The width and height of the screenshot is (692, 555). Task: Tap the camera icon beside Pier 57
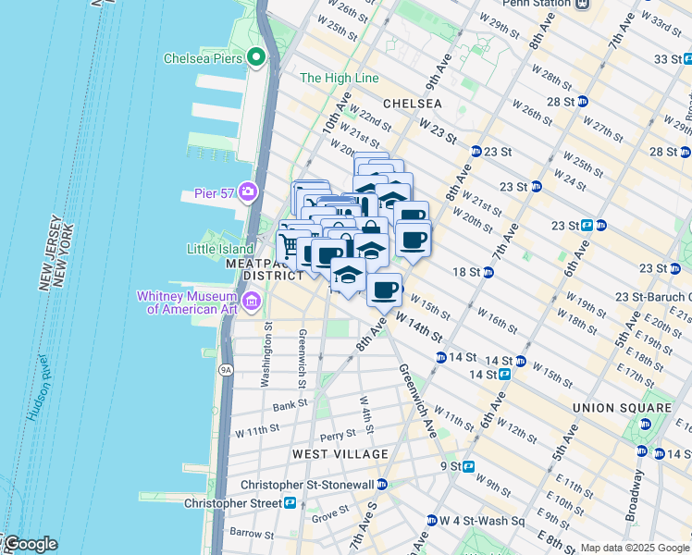248,191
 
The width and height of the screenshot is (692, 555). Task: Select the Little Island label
220,249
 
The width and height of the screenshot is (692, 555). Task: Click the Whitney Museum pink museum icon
251,301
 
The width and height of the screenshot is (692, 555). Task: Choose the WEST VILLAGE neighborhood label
340,454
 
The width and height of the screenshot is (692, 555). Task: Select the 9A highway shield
225,370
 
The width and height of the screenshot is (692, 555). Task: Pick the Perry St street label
338,434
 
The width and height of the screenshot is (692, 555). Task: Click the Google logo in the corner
30,544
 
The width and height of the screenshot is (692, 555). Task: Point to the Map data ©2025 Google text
635,548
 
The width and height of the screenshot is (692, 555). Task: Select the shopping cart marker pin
289,246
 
